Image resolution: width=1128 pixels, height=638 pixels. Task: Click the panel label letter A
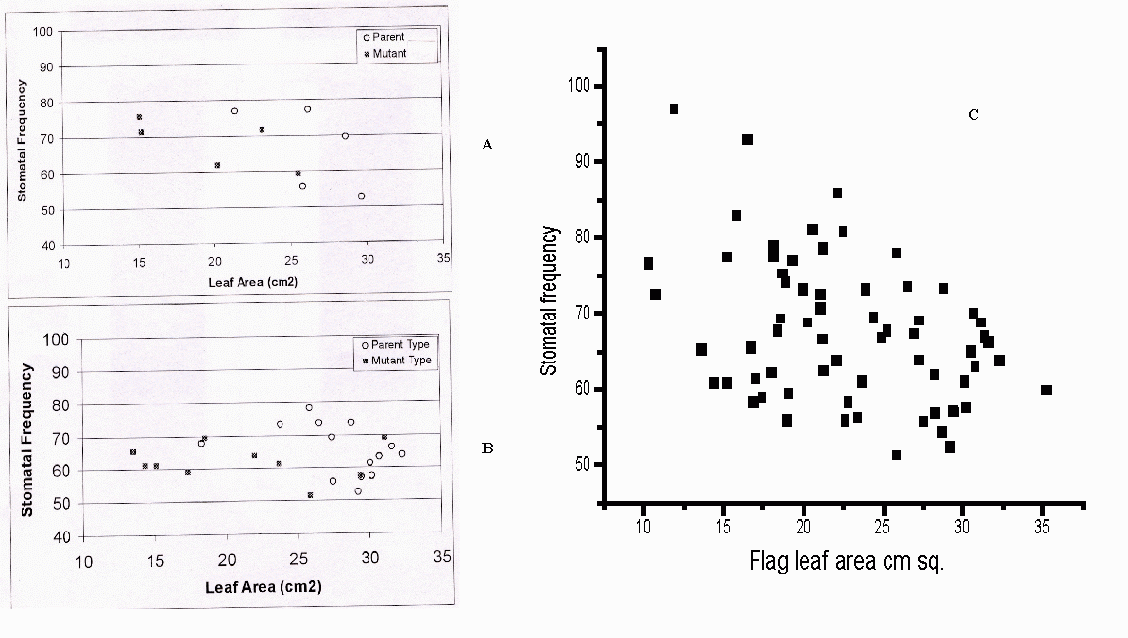click(488, 145)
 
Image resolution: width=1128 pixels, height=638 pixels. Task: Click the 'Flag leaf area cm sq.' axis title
click(846, 563)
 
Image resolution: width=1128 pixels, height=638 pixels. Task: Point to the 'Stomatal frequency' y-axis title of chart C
click(549, 301)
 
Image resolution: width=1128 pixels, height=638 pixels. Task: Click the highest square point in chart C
click(674, 108)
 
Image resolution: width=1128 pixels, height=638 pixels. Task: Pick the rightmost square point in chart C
click(1046, 389)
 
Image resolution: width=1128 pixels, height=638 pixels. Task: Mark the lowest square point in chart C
click(896, 454)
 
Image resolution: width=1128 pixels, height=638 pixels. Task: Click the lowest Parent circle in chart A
click(361, 196)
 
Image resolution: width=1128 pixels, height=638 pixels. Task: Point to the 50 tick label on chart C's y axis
click(584, 463)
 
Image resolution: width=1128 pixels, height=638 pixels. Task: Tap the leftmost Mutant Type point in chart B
click(133, 451)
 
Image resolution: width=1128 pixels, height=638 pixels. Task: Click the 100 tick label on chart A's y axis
click(43, 32)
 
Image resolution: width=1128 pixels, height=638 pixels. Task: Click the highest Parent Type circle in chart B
click(309, 407)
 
